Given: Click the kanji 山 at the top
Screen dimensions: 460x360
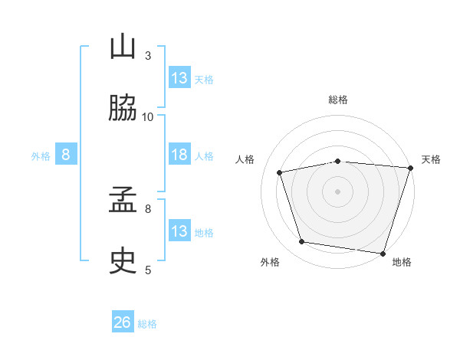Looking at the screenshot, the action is point(123,46).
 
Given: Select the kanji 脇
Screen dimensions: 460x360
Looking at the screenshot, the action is point(123,107).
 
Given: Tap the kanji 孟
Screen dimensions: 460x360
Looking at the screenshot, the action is point(123,199).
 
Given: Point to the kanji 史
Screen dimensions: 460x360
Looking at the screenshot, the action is point(123,260).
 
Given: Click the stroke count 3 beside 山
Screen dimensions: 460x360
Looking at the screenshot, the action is point(148,56).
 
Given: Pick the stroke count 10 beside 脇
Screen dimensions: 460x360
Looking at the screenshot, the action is point(147,117).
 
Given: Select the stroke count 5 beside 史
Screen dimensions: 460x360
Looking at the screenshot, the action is point(148,270).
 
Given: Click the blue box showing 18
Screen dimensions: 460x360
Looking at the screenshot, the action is point(179,154).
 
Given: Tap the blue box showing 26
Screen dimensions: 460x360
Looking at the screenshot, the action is point(123,321).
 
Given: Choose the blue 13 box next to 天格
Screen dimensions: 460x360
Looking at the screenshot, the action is point(179,77).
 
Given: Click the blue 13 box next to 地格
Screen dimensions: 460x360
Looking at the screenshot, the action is point(179,230).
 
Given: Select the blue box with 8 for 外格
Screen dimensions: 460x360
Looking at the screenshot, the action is point(66,154).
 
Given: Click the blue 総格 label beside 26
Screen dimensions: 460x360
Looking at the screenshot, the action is point(147,324).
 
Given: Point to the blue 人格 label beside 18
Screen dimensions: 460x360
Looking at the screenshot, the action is point(204,156).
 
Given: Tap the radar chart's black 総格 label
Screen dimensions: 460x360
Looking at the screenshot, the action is point(338,100).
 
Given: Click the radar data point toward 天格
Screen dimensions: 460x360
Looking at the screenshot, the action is point(411,168).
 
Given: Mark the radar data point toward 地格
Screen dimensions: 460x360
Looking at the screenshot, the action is point(383,254).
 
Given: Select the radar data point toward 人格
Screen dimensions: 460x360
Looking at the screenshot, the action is point(280,172).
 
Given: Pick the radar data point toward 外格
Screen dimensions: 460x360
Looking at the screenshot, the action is point(301,241).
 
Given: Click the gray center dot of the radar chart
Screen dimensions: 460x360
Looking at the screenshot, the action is point(337,191).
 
